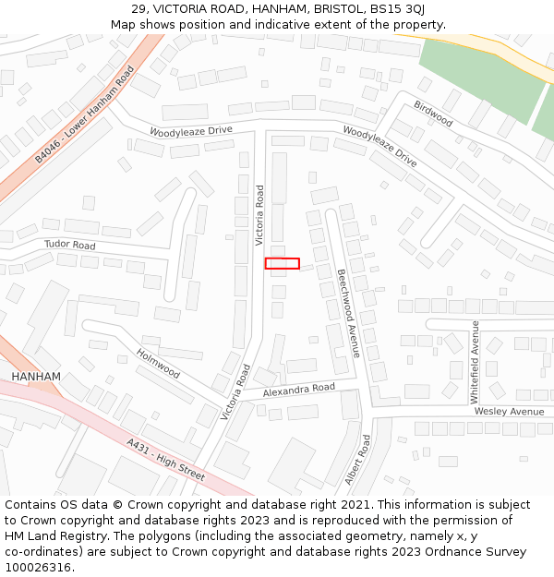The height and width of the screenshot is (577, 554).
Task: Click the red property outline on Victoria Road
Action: pyautogui.click(x=282, y=263)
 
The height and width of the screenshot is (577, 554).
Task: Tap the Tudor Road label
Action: pyautogui.click(x=70, y=246)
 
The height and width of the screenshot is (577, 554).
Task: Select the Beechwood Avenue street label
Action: pyautogui.click(x=348, y=300)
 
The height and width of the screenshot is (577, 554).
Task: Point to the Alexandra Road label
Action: pyautogui.click(x=298, y=391)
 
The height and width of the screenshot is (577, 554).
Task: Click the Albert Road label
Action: pyautogui.click(x=357, y=460)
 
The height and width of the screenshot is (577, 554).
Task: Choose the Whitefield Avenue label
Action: pyautogui.click(x=475, y=362)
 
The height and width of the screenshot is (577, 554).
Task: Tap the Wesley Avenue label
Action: pyautogui.click(x=510, y=411)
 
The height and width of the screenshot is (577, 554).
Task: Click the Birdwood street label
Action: pyautogui.click(x=433, y=114)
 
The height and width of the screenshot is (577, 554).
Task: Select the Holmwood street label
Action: pyautogui.click(x=158, y=363)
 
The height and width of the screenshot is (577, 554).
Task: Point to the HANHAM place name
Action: pyautogui.click(x=36, y=377)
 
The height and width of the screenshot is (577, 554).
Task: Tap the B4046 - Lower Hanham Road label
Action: pyautogui.click(x=85, y=114)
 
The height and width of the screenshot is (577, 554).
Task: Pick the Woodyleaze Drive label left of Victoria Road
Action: pyautogui.click(x=191, y=131)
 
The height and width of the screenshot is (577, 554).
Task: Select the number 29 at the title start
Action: pyautogui.click(x=138, y=9)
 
